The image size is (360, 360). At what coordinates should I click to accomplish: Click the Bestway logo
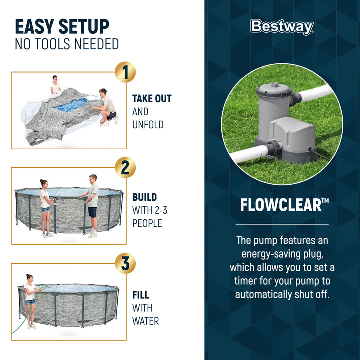[282, 27]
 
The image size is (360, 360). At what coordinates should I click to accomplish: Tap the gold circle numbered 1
[125, 72]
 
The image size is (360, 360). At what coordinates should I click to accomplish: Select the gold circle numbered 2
[125, 168]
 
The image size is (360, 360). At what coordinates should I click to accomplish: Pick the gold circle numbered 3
[125, 263]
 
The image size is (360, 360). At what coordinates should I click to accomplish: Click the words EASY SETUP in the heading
[62, 26]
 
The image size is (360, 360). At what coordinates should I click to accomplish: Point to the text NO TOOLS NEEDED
[67, 44]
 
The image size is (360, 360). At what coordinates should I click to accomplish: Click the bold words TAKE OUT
[152, 99]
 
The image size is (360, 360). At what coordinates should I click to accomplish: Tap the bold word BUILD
[144, 197]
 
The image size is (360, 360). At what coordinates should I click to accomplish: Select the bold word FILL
[141, 295]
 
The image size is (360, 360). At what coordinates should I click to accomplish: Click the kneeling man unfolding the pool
[107, 106]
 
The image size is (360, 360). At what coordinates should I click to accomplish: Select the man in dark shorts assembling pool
[92, 205]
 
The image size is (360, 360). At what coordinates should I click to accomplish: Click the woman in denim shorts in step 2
[45, 206]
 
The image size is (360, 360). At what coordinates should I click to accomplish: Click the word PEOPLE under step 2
[147, 223]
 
